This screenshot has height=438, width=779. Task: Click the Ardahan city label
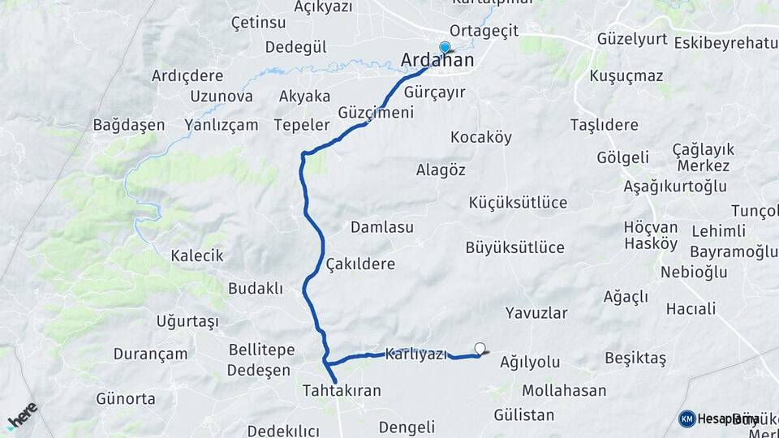[x=438, y=61]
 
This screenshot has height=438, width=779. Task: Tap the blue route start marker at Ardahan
[x=445, y=48]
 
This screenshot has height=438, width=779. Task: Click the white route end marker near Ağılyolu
[x=480, y=350]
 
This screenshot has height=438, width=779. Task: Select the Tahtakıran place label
[x=353, y=390]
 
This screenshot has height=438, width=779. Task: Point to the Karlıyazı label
[x=416, y=354]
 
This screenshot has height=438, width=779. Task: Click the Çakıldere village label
[x=359, y=264]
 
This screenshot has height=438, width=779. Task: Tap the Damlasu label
[x=382, y=227]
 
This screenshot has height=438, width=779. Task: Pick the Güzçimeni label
[x=376, y=113]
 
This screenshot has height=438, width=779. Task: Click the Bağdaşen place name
[x=129, y=125]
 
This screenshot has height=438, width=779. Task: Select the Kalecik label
[x=196, y=255]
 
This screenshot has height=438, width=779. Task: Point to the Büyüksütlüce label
[x=515, y=247]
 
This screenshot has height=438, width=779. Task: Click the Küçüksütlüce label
[x=518, y=202]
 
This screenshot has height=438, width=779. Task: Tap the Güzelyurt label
[x=631, y=39]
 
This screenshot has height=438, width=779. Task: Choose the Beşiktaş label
[x=635, y=358]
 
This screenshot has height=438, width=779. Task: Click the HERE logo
[x=22, y=415]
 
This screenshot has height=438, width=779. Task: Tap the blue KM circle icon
[x=687, y=419]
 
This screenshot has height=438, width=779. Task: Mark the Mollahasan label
[x=564, y=390]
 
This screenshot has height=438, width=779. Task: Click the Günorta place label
[x=126, y=398]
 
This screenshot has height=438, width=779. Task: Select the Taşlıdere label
[x=604, y=125]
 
